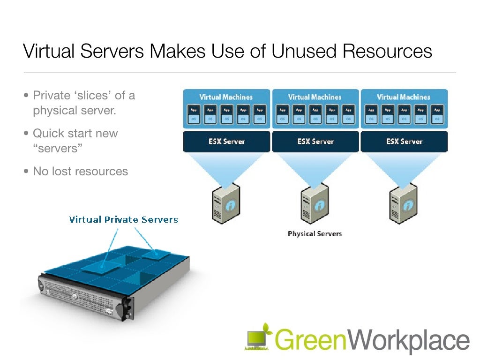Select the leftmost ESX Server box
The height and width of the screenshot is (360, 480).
[226, 141]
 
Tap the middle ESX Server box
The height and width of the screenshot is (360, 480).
[315, 141]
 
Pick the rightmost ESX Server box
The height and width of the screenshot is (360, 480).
[404, 141]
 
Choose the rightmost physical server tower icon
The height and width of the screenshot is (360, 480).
[403, 203]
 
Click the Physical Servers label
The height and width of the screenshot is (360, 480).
[315, 233]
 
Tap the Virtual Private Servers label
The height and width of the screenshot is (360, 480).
[124, 219]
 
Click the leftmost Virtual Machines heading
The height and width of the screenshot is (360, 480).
[226, 97]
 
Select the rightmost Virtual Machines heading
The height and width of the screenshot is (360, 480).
[404, 97]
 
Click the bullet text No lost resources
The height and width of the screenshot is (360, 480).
[80, 171]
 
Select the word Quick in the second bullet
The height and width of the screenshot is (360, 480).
[48, 133]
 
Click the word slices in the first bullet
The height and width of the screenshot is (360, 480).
[94, 96]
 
